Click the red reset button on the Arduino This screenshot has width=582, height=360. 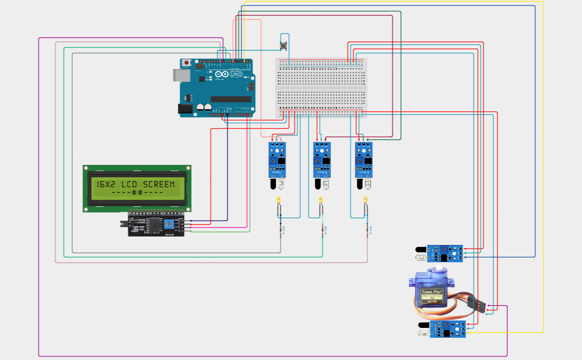coord(186,63)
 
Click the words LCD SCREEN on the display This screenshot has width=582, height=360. coord(148,184)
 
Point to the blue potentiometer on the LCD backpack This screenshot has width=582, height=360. coord(169,224)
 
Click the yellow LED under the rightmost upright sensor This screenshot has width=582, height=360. coord(365,200)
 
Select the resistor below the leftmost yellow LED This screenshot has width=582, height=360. coord(281,230)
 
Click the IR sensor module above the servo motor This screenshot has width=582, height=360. coord(444,253)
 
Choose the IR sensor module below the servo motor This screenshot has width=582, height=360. coord(447,329)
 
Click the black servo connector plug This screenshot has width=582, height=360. coord(481,306)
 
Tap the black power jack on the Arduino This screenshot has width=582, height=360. coord(185,109)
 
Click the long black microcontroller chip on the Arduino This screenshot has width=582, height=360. coord(231,99)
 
